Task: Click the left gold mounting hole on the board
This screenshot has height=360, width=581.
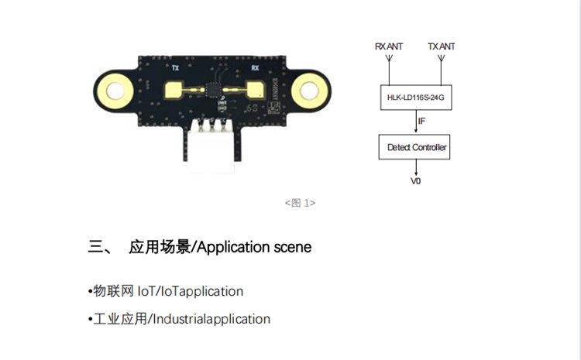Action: [115, 91]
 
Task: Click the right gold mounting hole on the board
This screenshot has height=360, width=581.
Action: [309, 91]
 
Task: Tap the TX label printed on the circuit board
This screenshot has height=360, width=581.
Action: [176, 68]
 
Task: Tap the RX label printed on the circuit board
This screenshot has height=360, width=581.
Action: [255, 68]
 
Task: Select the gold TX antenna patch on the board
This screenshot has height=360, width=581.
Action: [174, 91]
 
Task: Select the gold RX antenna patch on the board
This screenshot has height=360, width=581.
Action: [256, 91]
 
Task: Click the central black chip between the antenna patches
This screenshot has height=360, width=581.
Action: [213, 90]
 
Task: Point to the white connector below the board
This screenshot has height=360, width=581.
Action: [212, 146]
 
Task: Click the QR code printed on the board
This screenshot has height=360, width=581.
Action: [273, 108]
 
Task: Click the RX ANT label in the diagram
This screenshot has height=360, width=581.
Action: [389, 46]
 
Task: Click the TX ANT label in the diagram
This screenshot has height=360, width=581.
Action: [441, 46]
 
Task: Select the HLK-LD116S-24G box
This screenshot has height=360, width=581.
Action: [416, 98]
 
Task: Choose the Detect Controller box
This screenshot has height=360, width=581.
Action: [414, 147]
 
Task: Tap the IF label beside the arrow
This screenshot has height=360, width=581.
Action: [421, 121]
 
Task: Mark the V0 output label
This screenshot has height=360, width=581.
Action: [416, 181]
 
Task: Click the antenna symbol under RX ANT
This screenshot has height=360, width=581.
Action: [389, 59]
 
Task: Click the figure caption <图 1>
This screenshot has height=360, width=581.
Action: [300, 203]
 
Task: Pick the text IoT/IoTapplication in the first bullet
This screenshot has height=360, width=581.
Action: [191, 291]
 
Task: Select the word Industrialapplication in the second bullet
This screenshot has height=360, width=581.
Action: [211, 319]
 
